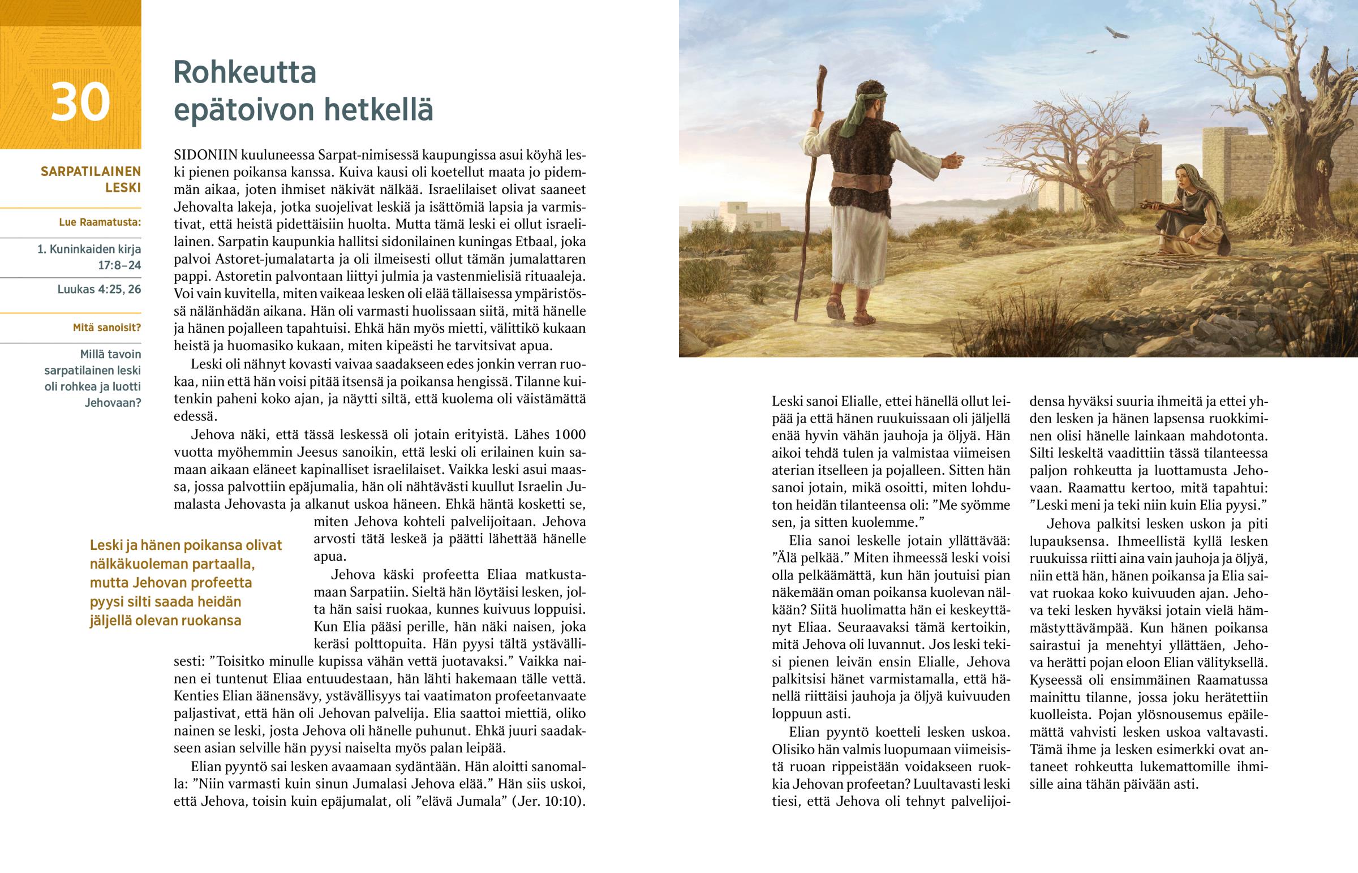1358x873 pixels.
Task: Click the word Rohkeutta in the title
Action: click(244, 72)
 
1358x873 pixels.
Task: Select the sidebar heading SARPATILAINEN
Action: click(91, 171)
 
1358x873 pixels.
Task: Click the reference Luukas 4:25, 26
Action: click(99, 289)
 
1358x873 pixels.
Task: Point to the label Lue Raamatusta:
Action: click(100, 222)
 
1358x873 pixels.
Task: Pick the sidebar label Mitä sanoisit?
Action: click(106, 328)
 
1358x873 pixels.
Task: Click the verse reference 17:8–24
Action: click(119, 265)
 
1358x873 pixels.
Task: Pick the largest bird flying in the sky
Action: click(1116, 32)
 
